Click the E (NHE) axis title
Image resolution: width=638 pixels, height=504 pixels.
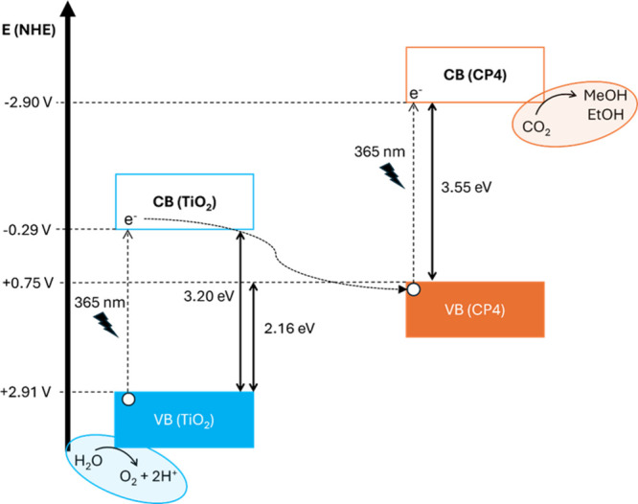29,30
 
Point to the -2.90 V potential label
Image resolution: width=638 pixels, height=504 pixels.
28,103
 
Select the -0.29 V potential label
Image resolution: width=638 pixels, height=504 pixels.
27,230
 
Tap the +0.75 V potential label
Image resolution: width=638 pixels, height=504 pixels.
28,283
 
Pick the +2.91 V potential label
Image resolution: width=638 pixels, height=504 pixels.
26,392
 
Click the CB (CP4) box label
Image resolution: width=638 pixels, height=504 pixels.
475,75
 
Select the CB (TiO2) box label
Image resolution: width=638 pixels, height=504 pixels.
184,202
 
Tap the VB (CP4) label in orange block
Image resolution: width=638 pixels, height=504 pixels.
475,309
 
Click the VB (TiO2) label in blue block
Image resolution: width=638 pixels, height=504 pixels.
184,420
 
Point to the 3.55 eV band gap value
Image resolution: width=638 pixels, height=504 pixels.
467,187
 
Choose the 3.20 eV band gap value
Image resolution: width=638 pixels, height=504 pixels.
209,296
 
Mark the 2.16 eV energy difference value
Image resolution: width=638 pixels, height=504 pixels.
289,329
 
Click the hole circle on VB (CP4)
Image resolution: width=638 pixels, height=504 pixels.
414,289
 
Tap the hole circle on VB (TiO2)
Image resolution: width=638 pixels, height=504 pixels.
128,400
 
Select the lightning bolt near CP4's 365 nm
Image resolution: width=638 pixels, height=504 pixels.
392,176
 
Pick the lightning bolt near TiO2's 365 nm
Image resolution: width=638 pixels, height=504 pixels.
106,325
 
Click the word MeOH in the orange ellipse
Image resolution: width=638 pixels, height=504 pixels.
605,95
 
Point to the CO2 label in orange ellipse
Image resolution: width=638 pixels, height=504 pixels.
536,127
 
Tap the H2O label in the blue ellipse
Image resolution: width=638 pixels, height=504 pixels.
88,461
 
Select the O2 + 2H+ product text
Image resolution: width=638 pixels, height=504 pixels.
148,476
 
